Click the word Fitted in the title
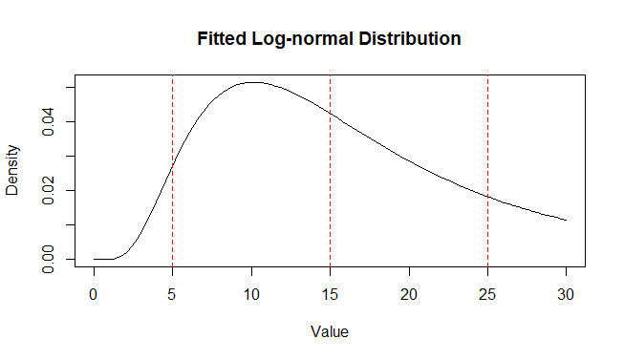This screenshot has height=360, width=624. pos(221,40)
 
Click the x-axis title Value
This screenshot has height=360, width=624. pos(330,332)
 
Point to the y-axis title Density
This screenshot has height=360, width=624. pos(13,171)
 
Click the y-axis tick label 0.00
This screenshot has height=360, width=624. pos(48,259)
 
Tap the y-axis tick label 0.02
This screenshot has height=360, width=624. pos(48,190)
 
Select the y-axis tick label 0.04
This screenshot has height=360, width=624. pos(48,121)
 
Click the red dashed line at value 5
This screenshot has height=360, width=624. pos(172,220)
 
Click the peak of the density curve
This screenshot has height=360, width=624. pos(252,82)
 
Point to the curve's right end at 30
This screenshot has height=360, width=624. pos(566,220)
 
